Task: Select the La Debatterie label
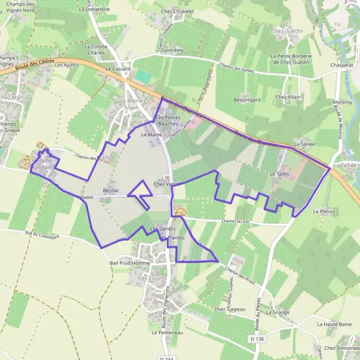[x=94, y=10]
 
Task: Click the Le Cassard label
[x=118, y=69]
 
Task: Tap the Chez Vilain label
[x=287, y=97]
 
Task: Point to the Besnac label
[x=112, y=190]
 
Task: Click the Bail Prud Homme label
[x=129, y=263]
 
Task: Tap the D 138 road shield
[x=256, y=340]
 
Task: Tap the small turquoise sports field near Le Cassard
[x=143, y=77]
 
